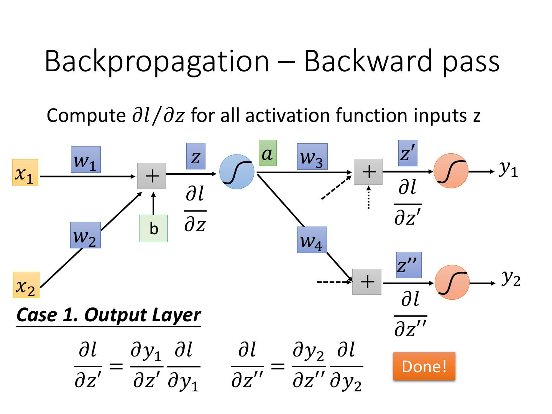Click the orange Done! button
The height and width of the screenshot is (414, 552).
click(x=424, y=366)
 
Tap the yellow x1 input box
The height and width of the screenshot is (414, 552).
click(x=25, y=172)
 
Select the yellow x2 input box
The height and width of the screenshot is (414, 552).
click(x=26, y=285)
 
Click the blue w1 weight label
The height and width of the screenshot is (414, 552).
click(x=85, y=159)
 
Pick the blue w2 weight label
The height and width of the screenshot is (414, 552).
click(x=85, y=235)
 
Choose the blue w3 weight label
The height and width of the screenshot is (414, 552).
click(x=312, y=156)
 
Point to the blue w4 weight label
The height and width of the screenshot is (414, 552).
click(x=312, y=240)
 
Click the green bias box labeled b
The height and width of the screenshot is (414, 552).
click(x=153, y=228)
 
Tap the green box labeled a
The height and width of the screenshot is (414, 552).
click(x=268, y=153)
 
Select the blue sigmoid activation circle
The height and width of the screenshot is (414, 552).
click(x=237, y=172)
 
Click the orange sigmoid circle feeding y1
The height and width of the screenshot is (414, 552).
click(x=451, y=171)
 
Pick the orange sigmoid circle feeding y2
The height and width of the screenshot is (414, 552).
click(x=452, y=282)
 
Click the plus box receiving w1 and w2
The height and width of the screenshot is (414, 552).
click(x=152, y=176)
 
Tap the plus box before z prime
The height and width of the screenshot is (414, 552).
click(x=368, y=172)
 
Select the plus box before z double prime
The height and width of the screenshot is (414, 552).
click(x=367, y=282)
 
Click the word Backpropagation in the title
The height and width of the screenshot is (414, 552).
click(x=157, y=61)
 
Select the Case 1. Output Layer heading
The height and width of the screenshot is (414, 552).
click(x=108, y=315)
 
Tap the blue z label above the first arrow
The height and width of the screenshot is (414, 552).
click(x=195, y=156)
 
